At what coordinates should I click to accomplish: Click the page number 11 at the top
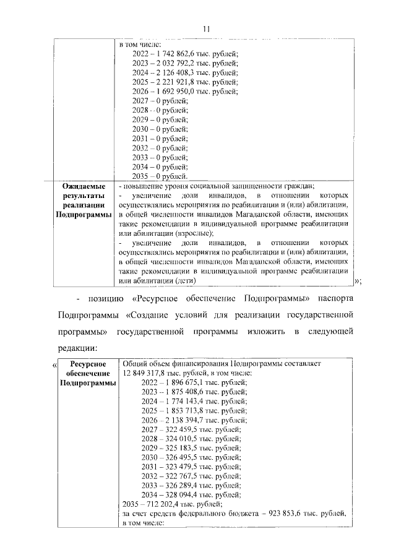[207, 28]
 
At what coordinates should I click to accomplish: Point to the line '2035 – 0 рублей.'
[160, 176]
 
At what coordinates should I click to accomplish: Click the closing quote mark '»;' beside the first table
[357, 282]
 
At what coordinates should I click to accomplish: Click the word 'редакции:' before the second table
[78, 348]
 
